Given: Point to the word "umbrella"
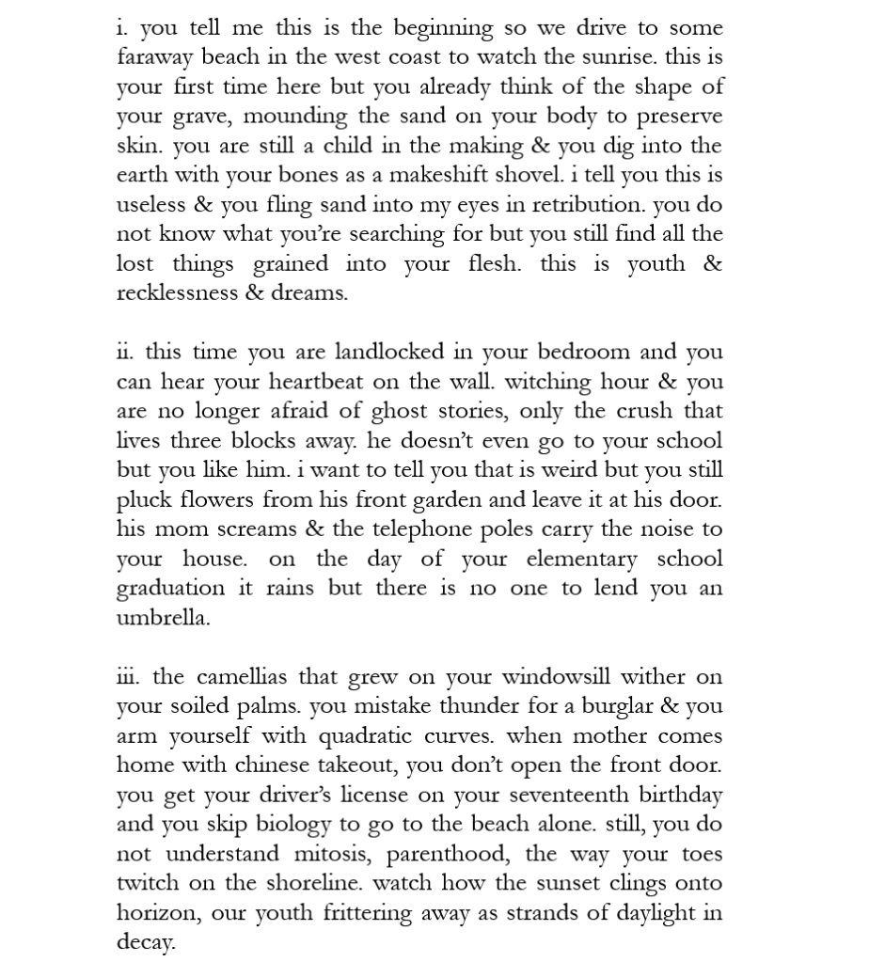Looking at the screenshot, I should [x=163, y=618].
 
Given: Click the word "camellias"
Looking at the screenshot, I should [x=243, y=677].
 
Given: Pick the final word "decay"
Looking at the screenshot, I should [x=146, y=941].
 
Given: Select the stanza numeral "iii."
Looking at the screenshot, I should [x=129, y=677].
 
